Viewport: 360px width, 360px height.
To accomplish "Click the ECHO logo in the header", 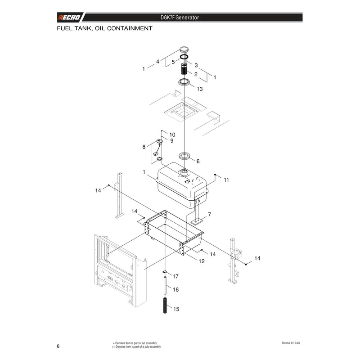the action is (69, 18).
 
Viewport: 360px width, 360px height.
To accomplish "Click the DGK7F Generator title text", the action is (180, 18).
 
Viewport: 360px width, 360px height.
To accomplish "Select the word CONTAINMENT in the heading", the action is (130, 28).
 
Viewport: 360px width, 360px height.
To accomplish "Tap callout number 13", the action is (200, 89).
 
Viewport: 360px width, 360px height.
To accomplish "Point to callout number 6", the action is (198, 161).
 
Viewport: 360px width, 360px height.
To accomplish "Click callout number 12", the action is (202, 261).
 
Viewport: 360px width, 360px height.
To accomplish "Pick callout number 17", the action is (175, 276).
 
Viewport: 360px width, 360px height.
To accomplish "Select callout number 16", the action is (175, 289).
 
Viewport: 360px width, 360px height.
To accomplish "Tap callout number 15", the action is (176, 309).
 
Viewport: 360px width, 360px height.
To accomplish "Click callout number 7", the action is (209, 215).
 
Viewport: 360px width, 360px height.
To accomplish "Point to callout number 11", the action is (226, 180).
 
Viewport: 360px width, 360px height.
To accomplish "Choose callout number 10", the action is (172, 135).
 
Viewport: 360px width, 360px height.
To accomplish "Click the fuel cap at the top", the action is (184, 49).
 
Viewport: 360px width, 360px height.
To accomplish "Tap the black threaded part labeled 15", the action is (165, 305).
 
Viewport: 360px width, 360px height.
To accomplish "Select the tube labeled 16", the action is (165, 285).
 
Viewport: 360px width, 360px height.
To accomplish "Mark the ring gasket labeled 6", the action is (184, 156).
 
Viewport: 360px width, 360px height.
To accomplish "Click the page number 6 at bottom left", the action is (58, 346).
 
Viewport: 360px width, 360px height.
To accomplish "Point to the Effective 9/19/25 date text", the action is (291, 343).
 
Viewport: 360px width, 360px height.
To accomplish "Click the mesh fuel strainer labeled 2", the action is (184, 69).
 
